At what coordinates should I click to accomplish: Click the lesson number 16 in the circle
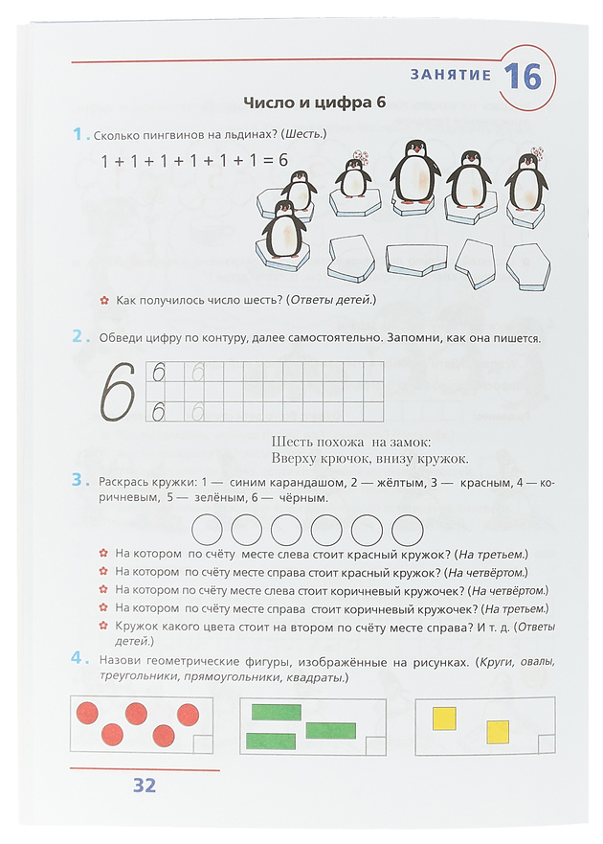pyautogui.click(x=522, y=75)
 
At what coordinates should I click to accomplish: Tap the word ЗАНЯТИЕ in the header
pyautogui.click(x=450, y=75)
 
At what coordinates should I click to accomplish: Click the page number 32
pyautogui.click(x=144, y=787)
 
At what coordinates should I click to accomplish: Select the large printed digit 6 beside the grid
pyautogui.click(x=118, y=391)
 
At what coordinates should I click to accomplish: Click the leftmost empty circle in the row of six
pyautogui.click(x=208, y=529)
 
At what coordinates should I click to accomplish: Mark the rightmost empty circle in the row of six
pyautogui.click(x=408, y=529)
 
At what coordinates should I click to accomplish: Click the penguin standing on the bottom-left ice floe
pyautogui.click(x=283, y=230)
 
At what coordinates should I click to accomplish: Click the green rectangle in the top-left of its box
pyautogui.click(x=276, y=712)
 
